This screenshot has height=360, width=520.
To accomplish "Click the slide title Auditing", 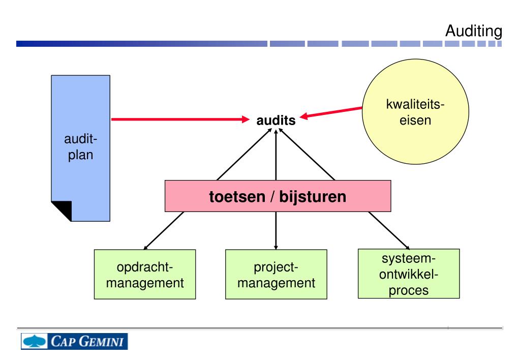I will pyautogui.click(x=473, y=31).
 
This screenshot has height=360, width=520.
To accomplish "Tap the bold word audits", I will pyautogui.click(x=276, y=121).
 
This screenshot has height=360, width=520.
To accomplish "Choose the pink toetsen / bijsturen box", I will pyautogui.click(x=278, y=196).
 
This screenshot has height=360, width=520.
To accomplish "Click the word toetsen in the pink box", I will pyautogui.click(x=236, y=197).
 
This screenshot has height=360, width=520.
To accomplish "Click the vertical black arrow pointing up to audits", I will pyautogui.click(x=276, y=155).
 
